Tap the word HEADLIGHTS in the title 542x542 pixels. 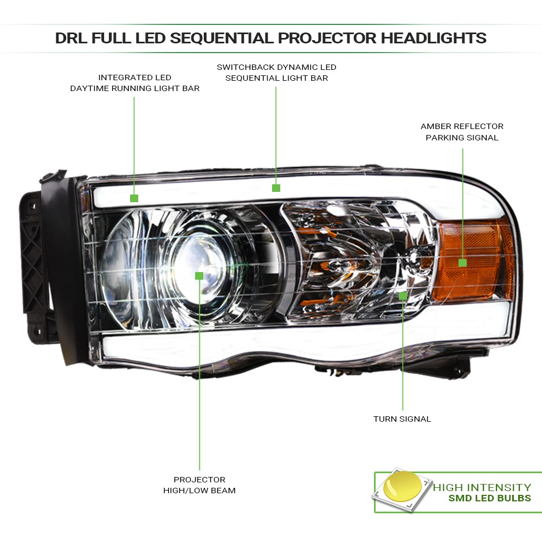[434, 38]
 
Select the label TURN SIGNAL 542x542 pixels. [402, 419]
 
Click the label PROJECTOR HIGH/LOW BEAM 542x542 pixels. [199, 485]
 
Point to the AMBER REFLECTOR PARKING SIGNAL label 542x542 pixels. [462, 132]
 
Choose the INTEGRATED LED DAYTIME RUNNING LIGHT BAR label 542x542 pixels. [134, 83]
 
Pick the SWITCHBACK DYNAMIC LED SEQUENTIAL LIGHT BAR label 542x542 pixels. [276, 73]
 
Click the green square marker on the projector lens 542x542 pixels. [199, 276]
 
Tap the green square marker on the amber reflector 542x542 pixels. [462, 263]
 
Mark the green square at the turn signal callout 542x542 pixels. [403, 296]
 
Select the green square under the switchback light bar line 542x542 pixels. [276, 188]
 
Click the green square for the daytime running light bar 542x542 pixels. [134, 198]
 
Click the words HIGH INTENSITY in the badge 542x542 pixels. [482, 488]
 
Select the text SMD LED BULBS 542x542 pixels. [489, 499]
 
